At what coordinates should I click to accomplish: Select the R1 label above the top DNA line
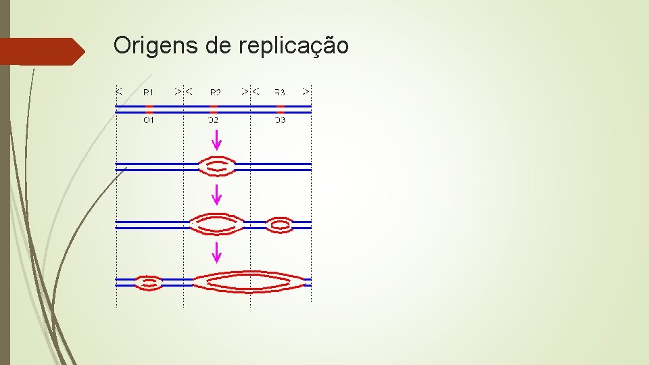click(x=149, y=92)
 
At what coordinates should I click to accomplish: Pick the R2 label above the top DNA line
click(x=215, y=92)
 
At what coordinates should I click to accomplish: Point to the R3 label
click(x=280, y=92)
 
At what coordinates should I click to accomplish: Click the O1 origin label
click(x=149, y=120)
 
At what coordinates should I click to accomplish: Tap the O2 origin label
click(x=213, y=120)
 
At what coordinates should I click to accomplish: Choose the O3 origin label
click(x=280, y=120)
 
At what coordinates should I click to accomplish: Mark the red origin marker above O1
click(x=149, y=107)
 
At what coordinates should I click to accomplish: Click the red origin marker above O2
click(x=214, y=107)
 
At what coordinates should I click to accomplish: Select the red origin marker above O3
click(x=281, y=107)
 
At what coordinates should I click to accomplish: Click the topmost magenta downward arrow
click(x=216, y=140)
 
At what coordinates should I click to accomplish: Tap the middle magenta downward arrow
click(x=216, y=195)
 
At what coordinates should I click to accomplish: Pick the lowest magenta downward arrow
click(x=216, y=252)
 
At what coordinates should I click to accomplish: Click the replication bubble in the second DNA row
click(x=216, y=165)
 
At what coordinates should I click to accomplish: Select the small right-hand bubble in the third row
click(x=280, y=224)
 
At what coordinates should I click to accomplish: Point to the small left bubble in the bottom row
click(x=149, y=283)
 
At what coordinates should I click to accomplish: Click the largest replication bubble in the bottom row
click(x=250, y=282)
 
